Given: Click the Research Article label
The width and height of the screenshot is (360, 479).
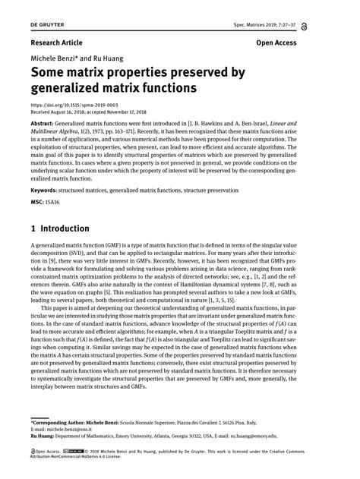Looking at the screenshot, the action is (57, 43).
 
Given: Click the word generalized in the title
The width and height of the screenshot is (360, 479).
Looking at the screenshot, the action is (71, 89).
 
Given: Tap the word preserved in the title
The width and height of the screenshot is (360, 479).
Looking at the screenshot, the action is (211, 74).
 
